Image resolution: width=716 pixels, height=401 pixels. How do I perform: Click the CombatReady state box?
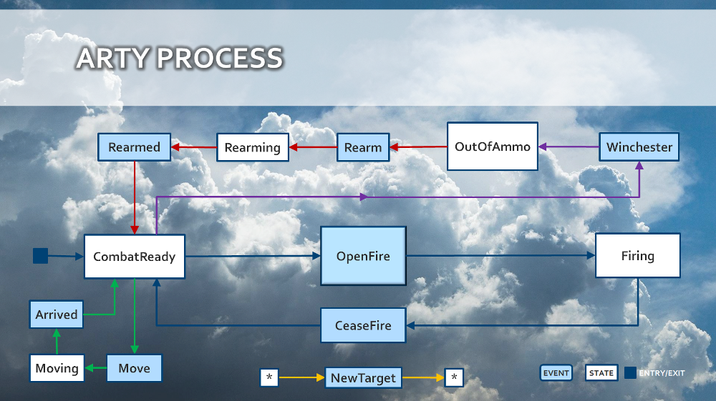tap(135, 257)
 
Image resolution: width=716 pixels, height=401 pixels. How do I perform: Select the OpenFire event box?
tap(363, 256)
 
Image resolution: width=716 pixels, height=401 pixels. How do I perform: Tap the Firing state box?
tap(637, 255)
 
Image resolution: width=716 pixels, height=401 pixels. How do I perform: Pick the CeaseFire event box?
tap(363, 325)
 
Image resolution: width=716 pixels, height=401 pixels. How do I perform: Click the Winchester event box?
tap(639, 147)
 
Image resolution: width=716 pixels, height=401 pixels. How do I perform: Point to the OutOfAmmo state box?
tap(493, 147)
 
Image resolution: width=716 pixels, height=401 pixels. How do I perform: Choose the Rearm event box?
tap(363, 147)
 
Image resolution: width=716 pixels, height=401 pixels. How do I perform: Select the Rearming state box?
tap(253, 147)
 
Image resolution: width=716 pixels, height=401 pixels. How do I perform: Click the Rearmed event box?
tap(134, 147)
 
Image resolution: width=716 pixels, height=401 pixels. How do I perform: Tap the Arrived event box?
tap(57, 315)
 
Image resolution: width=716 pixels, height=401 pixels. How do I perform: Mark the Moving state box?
tap(57, 368)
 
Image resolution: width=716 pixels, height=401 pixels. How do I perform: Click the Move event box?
tap(134, 368)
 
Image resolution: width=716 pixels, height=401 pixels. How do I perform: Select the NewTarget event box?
tap(363, 377)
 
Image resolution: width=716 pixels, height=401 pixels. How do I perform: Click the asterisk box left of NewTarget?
tap(269, 377)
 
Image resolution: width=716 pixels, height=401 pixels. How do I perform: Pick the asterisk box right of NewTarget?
tap(454, 377)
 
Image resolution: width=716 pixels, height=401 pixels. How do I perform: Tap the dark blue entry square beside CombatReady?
tap(40, 255)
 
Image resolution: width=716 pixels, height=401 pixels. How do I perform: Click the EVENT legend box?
tap(556, 373)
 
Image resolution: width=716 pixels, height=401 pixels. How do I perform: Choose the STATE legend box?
tap(601, 373)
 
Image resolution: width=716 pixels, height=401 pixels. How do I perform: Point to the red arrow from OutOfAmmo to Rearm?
tap(418, 148)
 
